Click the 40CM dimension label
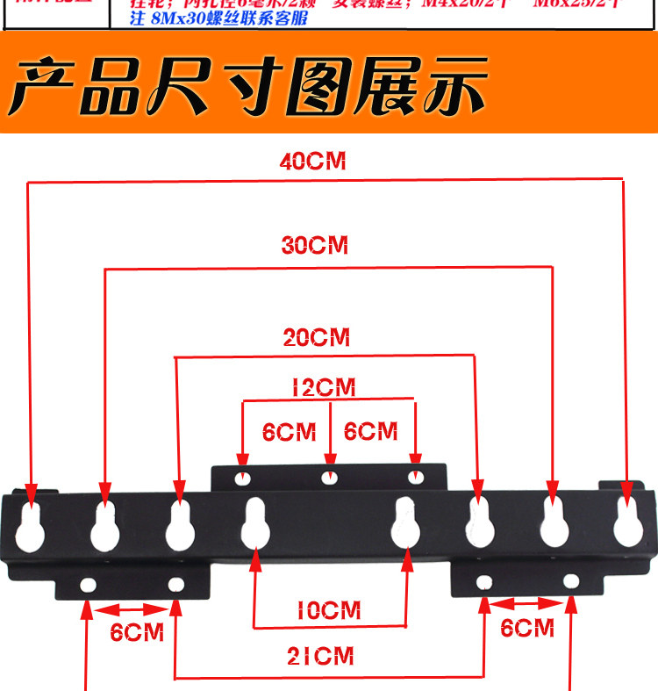tap(314, 162)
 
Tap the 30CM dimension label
tap(315, 246)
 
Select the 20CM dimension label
tap(316, 337)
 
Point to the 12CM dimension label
tap(329, 387)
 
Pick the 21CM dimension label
tap(323, 655)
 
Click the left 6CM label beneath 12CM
tap(289, 432)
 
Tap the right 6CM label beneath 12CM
tap(370, 432)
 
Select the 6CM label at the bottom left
tap(137, 632)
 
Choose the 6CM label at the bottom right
tap(527, 628)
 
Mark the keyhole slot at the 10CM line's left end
tap(254, 524)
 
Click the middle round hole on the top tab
tap(329, 478)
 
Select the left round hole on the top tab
tap(243, 479)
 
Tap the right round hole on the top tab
tap(416, 477)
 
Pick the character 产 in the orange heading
tap(40, 85)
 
